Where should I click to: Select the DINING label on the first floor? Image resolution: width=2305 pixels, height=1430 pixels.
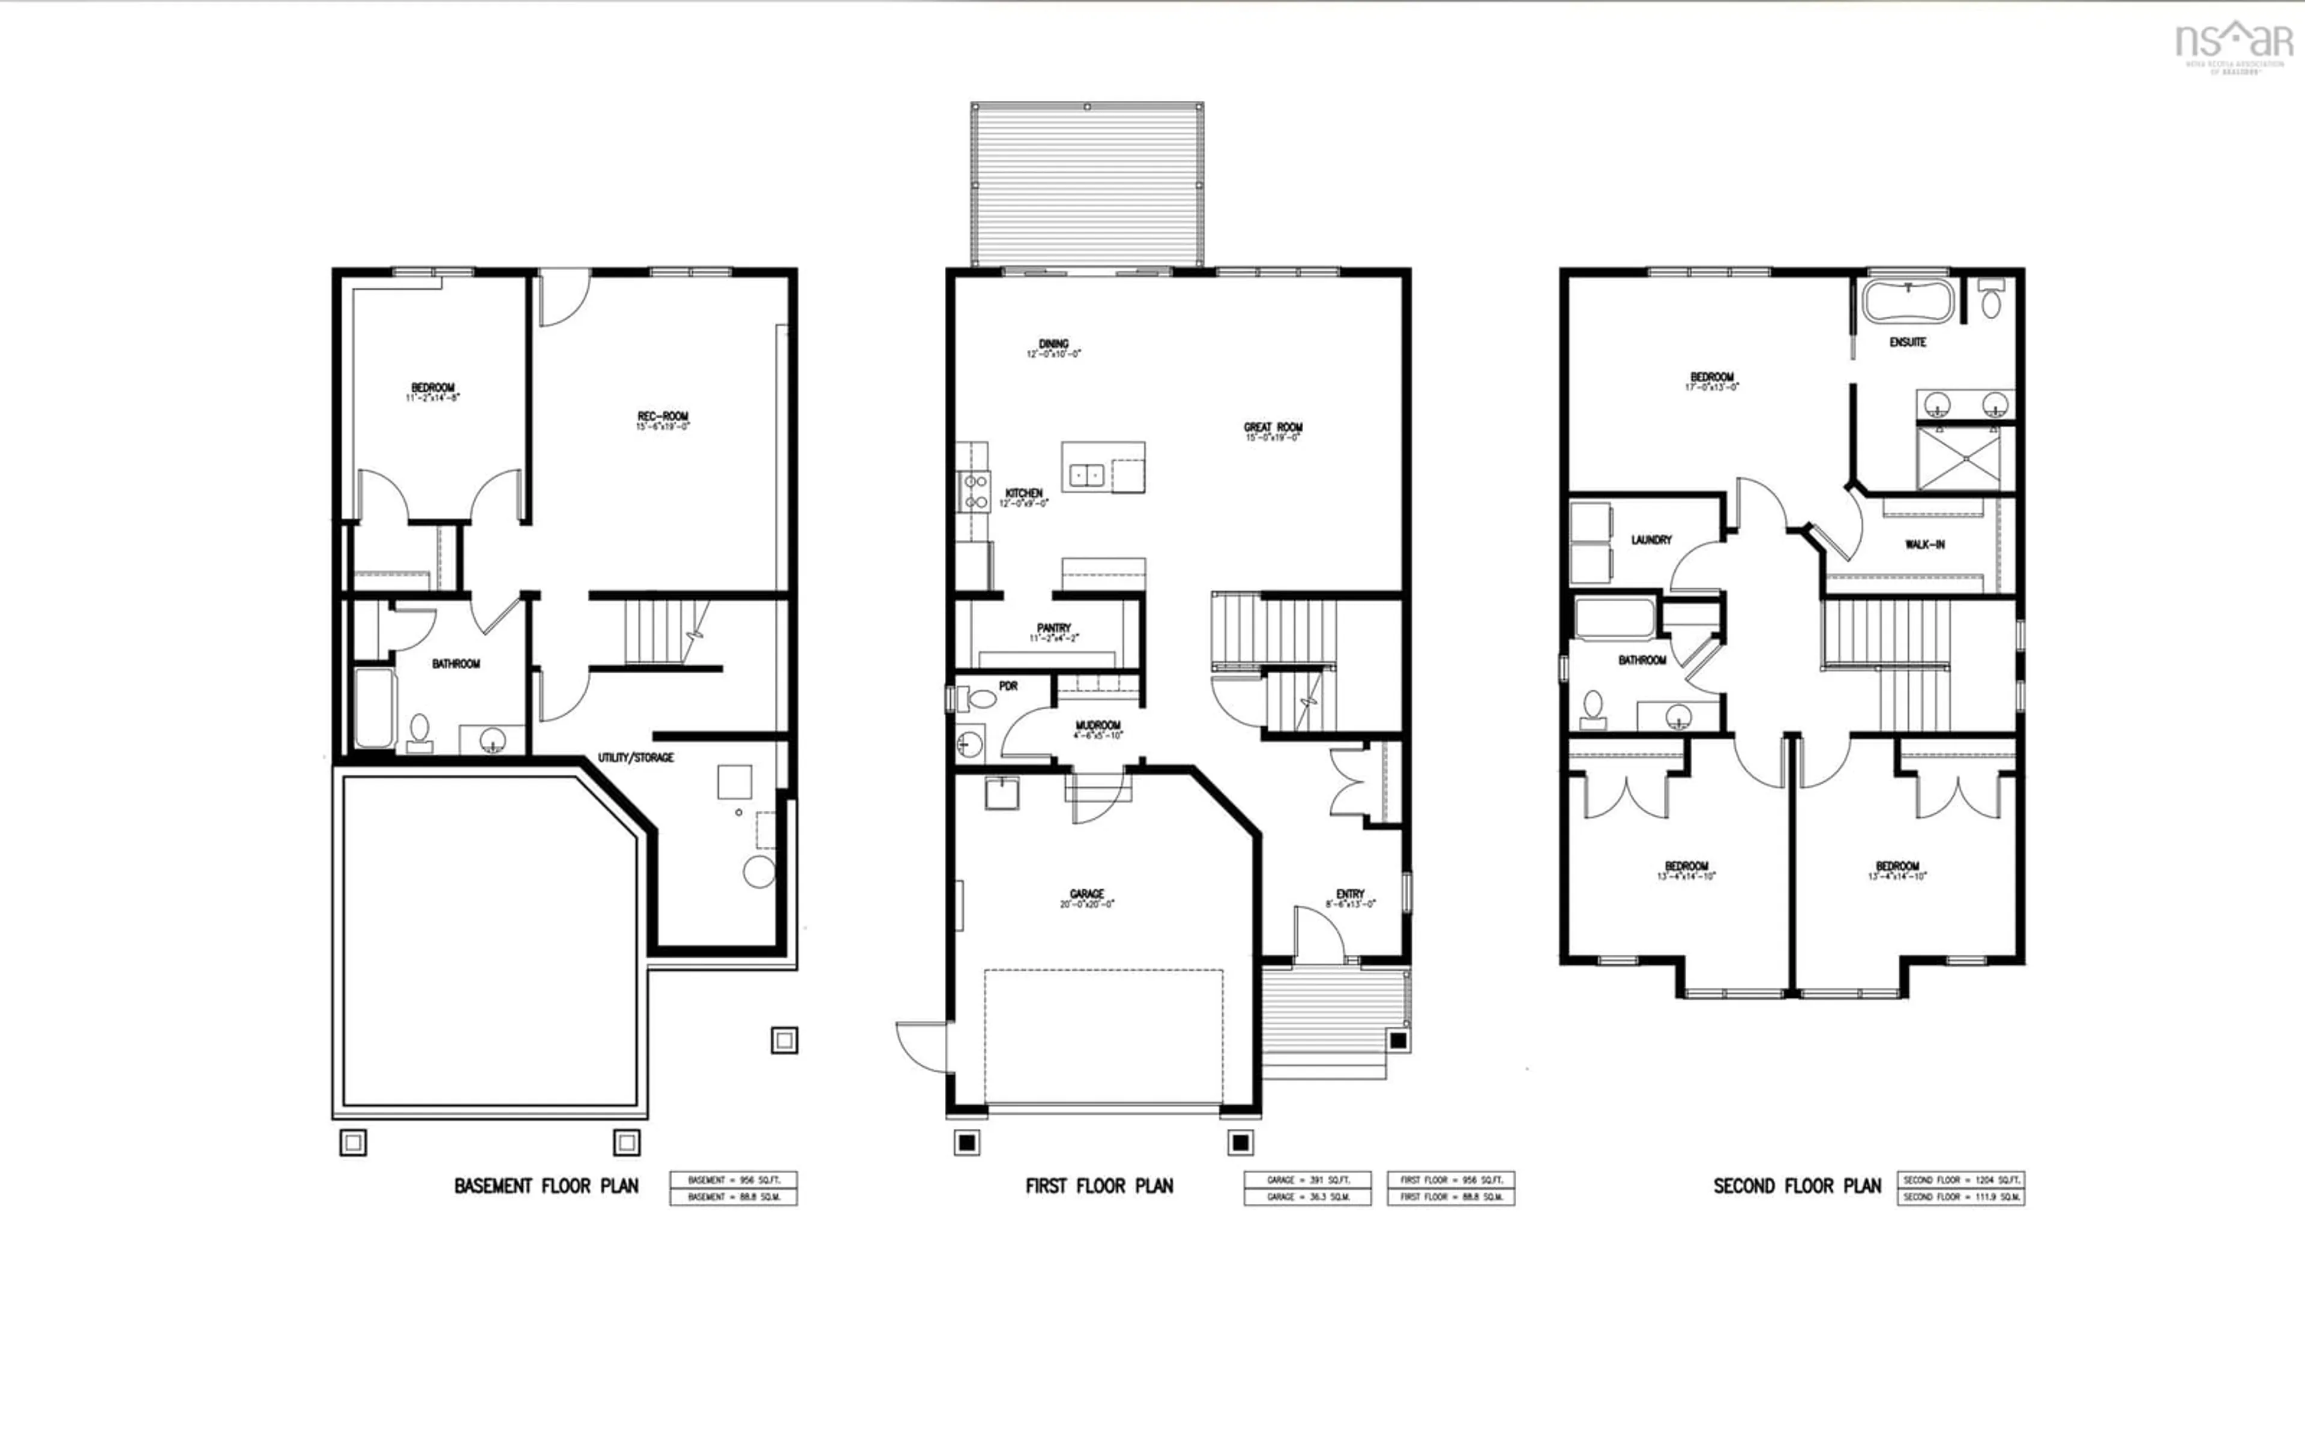click(1053, 345)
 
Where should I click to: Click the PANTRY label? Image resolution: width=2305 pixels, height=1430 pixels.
click(1053, 629)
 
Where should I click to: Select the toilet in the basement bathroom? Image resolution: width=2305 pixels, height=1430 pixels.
click(419, 730)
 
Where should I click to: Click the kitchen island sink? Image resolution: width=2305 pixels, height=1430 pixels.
click(1086, 475)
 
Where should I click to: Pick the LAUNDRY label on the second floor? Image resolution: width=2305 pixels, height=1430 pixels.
click(1651, 540)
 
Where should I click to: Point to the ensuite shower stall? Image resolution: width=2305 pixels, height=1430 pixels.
click(1965, 458)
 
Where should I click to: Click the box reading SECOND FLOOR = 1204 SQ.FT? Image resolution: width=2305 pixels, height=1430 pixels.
click(1960, 1180)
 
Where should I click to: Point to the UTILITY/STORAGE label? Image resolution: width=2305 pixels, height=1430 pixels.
click(636, 757)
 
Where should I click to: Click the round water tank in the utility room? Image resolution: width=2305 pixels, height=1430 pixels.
click(759, 871)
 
